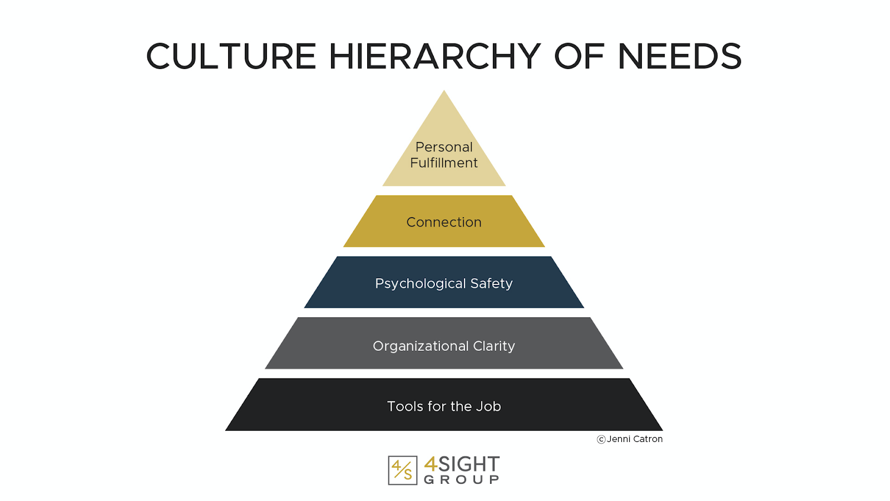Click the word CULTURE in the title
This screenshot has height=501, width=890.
(231, 57)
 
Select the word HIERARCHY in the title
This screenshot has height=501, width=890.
(435, 57)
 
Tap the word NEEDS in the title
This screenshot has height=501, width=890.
(679, 57)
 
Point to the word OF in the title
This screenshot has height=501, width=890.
(579, 57)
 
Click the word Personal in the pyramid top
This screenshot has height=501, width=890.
(444, 147)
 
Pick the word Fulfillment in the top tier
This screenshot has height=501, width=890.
(444, 163)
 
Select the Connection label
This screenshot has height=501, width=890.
(444, 222)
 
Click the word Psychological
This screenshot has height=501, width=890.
(421, 284)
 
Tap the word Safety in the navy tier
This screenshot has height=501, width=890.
(491, 283)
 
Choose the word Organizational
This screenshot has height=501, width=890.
(421, 346)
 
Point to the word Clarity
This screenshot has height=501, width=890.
(494, 346)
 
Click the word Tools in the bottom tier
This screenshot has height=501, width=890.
(405, 406)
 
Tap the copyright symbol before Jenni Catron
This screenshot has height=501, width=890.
(601, 439)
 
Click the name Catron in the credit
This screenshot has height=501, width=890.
(648, 439)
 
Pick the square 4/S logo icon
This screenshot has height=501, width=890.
(403, 470)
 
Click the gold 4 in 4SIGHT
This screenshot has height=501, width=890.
(431, 464)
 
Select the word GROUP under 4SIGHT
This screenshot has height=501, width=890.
(462, 480)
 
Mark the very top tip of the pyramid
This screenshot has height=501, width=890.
(444, 92)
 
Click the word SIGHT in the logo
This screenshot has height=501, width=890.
(469, 464)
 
